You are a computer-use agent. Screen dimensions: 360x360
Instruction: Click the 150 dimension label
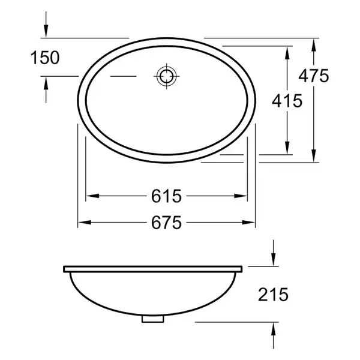tap(45, 58)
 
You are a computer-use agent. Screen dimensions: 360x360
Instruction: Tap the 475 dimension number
tap(314, 76)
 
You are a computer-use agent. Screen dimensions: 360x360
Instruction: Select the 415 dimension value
tap(287, 101)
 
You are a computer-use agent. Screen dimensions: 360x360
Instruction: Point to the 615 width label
tap(166, 196)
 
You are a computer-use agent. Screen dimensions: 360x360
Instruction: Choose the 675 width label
tap(166, 223)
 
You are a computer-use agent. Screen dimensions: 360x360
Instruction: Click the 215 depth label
tap(273, 295)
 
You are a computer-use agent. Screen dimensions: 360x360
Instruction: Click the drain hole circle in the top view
tap(167, 76)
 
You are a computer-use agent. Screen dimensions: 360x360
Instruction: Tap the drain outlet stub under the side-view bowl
tap(152, 319)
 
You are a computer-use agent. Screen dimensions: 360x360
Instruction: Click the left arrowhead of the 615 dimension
tap(93, 196)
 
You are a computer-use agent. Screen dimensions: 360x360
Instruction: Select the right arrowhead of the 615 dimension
tap(241, 196)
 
